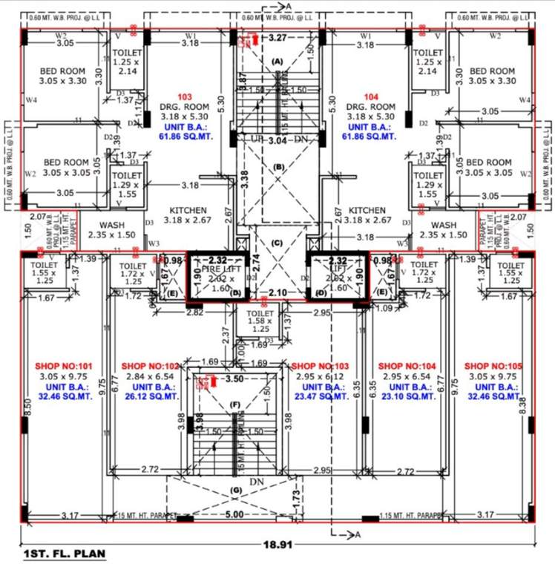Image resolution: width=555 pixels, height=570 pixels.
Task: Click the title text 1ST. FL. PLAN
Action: [x=65, y=554]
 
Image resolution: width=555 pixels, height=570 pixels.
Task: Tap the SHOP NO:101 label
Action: [x=65, y=367]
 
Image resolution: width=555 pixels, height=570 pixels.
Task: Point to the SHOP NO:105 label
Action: [x=490, y=367]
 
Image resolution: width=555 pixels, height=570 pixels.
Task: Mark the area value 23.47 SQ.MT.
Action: [x=319, y=397]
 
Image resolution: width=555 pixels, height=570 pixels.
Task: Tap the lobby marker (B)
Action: [x=278, y=167]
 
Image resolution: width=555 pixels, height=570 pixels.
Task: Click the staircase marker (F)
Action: [x=235, y=404]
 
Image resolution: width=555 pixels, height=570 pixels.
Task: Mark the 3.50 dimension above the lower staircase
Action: [x=234, y=379]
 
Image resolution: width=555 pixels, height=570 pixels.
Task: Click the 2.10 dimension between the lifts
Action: [x=277, y=292]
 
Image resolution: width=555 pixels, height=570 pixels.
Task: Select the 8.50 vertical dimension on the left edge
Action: [x=27, y=406]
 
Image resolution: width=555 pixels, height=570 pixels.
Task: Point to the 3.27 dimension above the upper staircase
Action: [x=278, y=36]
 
